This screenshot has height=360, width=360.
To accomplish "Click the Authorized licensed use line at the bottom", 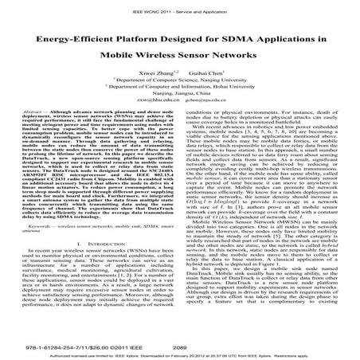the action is [179, 348].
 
